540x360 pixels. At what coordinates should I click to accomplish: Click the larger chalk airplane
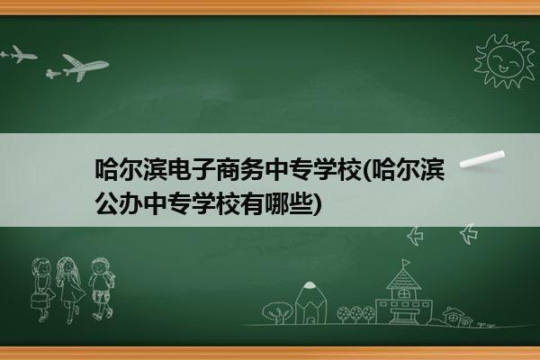[x=83, y=67]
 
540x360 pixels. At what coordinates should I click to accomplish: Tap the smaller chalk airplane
[x=20, y=54]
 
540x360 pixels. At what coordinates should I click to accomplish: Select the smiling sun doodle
[x=505, y=61]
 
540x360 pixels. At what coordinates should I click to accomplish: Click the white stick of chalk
[x=482, y=159]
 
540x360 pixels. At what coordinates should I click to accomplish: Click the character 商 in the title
[x=228, y=169]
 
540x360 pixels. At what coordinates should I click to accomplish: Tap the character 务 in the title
[x=252, y=169]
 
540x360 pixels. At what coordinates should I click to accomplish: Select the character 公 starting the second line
[x=107, y=203]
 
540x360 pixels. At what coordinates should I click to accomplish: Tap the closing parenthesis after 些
[x=317, y=204]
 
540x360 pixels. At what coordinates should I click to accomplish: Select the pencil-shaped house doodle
[x=310, y=302]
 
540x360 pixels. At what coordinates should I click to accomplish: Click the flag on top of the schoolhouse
[x=407, y=263]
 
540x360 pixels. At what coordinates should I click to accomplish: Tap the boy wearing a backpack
[x=102, y=288]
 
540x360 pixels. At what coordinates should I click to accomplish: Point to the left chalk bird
[x=415, y=236]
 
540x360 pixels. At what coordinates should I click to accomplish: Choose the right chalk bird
[x=468, y=233]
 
